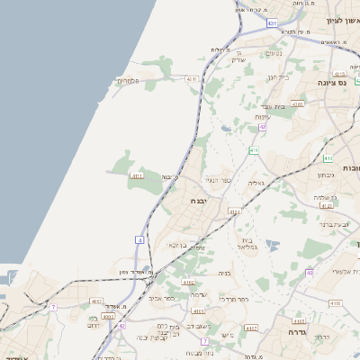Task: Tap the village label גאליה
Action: coord(256,182)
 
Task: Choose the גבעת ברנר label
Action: coord(334,224)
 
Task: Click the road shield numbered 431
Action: coord(246,12)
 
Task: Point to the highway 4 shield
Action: coord(139,240)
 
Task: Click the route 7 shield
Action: coord(53,308)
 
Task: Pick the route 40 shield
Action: coord(310,272)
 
